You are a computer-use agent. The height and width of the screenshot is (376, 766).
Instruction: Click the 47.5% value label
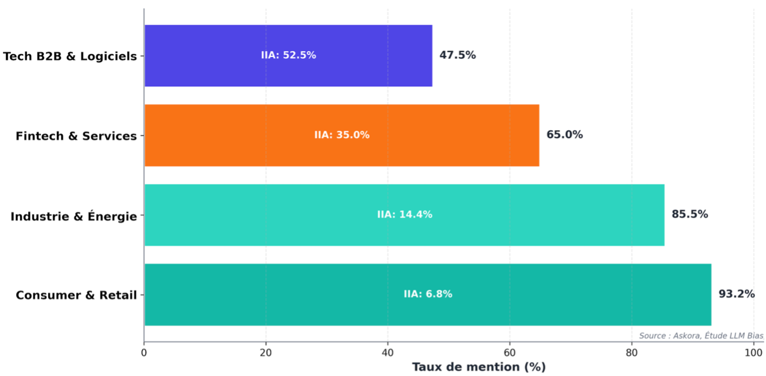pyautogui.click(x=457, y=55)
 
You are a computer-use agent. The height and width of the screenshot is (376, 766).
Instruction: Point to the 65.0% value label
pyautogui.click(x=564, y=135)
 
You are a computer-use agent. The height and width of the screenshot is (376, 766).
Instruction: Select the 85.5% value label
pyautogui.click(x=690, y=214)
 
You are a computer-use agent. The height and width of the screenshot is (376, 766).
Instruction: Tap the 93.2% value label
pyautogui.click(x=737, y=294)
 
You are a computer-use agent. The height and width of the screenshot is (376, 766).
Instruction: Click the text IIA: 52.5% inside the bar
pyautogui.click(x=288, y=55)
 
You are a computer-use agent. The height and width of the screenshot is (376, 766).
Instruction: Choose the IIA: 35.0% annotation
pyautogui.click(x=342, y=135)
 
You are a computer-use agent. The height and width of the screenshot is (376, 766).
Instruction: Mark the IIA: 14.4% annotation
pyautogui.click(x=404, y=215)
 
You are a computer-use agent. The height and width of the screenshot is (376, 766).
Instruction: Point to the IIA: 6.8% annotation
pyautogui.click(x=428, y=294)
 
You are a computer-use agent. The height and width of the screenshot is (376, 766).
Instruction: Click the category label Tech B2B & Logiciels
pyautogui.click(x=70, y=56)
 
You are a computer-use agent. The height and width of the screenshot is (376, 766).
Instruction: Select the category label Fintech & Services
pyautogui.click(x=76, y=136)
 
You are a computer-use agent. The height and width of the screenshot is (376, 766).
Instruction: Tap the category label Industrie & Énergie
pyautogui.click(x=74, y=216)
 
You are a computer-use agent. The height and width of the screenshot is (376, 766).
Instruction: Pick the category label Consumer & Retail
pyautogui.click(x=76, y=295)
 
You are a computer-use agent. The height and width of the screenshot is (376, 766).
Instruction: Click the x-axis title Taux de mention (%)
pyautogui.click(x=479, y=367)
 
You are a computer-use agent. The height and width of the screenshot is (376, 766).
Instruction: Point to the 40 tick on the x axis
pyautogui.click(x=387, y=353)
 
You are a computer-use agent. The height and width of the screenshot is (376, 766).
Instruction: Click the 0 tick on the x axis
pyautogui.click(x=144, y=353)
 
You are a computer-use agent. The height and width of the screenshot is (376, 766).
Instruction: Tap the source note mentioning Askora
pyautogui.click(x=701, y=336)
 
